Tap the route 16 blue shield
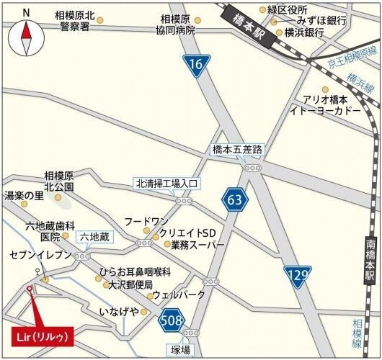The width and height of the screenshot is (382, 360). tap(193, 65)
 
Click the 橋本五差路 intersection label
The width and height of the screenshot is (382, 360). tap(237, 150)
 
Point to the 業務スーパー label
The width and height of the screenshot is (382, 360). tap(197, 245)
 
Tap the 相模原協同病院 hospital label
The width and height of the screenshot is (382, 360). tap(175, 24)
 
